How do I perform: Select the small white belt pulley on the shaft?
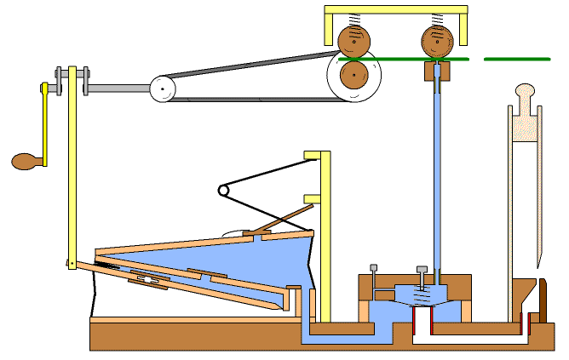(161, 89)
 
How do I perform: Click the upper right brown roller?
(436, 38)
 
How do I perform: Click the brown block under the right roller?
(436, 73)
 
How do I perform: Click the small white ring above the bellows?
(223, 191)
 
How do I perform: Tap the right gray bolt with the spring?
(421, 277)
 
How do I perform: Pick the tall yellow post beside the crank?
(73, 170)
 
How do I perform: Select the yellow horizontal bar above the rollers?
(396, 9)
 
